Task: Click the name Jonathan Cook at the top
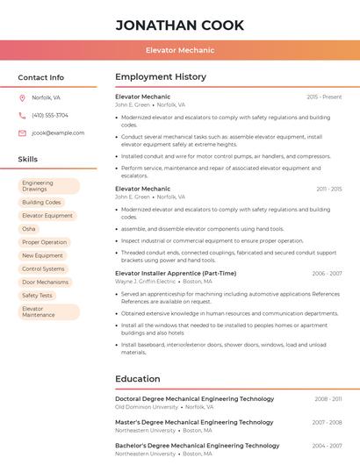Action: pyautogui.click(x=180, y=25)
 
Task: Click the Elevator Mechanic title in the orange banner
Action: pyautogui.click(x=180, y=50)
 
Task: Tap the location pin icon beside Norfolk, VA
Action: pyautogui.click(x=22, y=97)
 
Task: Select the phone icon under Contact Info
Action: pyautogui.click(x=22, y=115)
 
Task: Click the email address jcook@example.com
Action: pyautogui.click(x=58, y=132)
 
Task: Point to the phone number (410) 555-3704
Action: pyautogui.click(x=50, y=115)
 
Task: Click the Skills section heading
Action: pyautogui.click(x=28, y=160)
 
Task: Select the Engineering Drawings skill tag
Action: pyautogui.click(x=48, y=186)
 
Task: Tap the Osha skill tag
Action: pyautogui.click(x=29, y=228)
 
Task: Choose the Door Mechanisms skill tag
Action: pyautogui.click(x=45, y=282)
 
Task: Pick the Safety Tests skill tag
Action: pyautogui.click(x=37, y=295)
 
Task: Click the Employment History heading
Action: pyautogui.click(x=161, y=77)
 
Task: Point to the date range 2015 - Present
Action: pyautogui.click(x=324, y=97)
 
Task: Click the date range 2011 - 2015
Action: pyautogui.click(x=328, y=189)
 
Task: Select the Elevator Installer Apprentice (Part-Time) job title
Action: pyautogui.click(x=176, y=273)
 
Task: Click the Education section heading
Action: pyautogui.click(x=137, y=379)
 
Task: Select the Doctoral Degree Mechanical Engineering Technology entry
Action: pyautogui.click(x=195, y=398)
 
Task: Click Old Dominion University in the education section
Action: pyautogui.click(x=146, y=407)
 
